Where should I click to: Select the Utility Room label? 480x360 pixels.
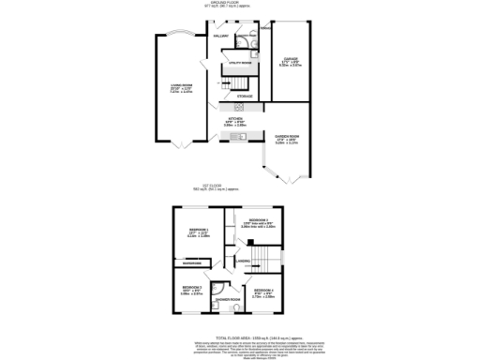point(239,63)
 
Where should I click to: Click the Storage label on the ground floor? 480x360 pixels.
point(244,97)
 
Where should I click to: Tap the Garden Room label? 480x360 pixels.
point(287,136)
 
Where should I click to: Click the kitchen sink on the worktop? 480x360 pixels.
point(238,140)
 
